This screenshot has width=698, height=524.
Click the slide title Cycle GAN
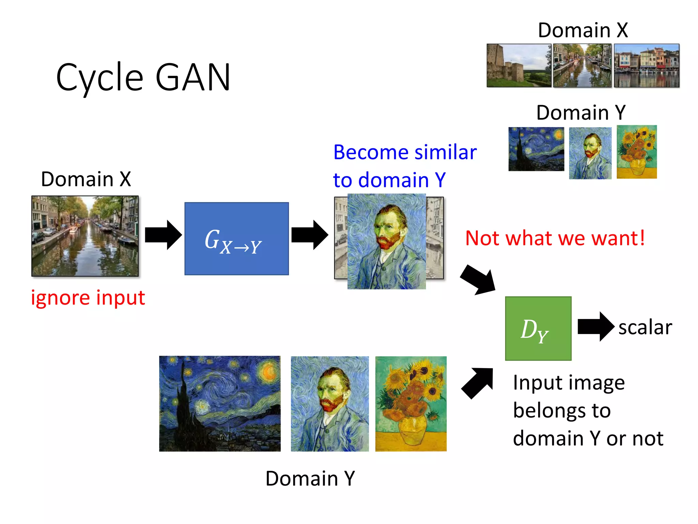pos(143,78)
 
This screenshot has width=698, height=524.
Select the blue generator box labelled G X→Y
pos(237,239)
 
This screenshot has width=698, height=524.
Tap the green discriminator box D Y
pos(538,328)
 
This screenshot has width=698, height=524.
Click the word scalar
pos(645,327)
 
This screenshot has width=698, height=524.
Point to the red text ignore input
pos(88,297)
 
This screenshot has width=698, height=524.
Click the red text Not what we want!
pos(555,238)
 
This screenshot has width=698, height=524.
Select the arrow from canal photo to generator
pos(163,235)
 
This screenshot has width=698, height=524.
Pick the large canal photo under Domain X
pos(85,236)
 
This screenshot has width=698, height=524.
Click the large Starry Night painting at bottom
pos(220,404)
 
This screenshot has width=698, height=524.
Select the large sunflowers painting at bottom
pos(411,404)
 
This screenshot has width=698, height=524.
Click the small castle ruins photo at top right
pos(518,65)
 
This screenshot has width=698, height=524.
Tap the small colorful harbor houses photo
pos(647,65)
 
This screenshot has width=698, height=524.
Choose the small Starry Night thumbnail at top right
pos(536,149)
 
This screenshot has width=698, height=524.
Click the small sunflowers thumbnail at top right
pos(637,152)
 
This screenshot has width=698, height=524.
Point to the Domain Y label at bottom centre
pos(310,478)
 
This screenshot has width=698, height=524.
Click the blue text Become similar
pos(405,152)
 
